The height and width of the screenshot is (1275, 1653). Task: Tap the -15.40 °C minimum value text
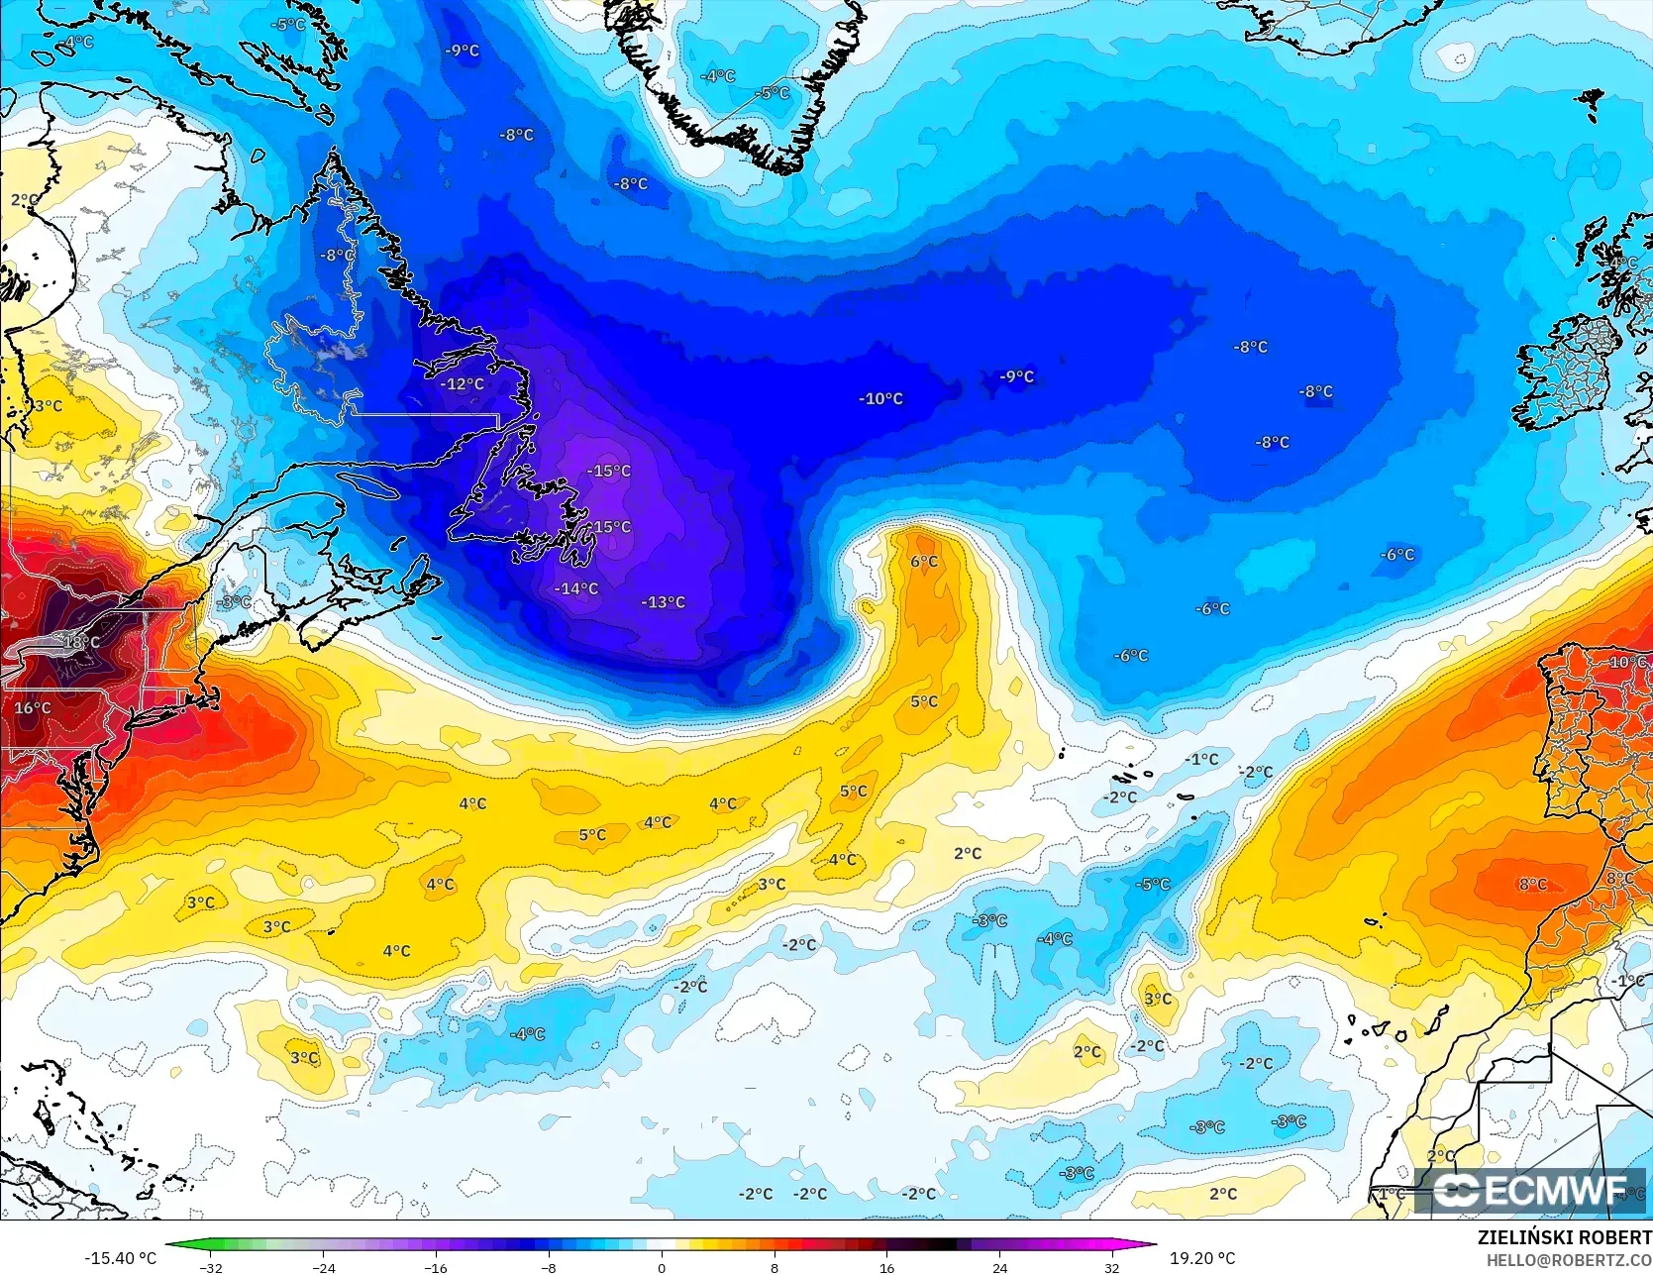[x=120, y=1258]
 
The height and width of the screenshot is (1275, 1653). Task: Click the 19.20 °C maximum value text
[x=1201, y=1258]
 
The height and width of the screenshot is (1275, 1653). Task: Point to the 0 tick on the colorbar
[x=662, y=1267]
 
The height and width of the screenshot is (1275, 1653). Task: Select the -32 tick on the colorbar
[x=211, y=1267]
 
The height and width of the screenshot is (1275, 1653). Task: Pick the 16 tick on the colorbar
[x=886, y=1267]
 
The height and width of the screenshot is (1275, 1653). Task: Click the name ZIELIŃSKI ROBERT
[x=1564, y=1237]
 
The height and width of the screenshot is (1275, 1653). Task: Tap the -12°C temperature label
[x=463, y=384]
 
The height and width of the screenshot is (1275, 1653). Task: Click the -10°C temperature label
[x=880, y=399]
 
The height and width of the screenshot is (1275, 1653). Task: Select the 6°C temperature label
[x=924, y=562]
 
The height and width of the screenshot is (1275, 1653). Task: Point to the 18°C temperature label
[x=81, y=642]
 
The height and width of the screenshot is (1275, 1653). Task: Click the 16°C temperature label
[x=32, y=707]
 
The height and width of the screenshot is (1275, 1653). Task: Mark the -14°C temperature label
[x=575, y=588]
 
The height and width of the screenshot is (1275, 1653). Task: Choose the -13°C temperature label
[x=663, y=602]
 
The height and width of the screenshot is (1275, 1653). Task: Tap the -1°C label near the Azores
[x=1201, y=760]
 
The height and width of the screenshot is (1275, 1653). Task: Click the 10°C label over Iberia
[x=1627, y=662]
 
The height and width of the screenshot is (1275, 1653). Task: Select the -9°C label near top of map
[x=462, y=51]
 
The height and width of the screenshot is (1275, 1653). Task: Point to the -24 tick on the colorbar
[x=324, y=1267]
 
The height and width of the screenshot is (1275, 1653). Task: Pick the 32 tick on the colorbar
[x=1111, y=1267]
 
